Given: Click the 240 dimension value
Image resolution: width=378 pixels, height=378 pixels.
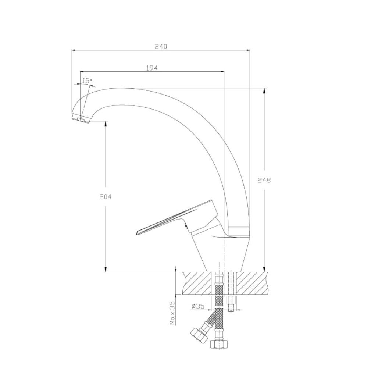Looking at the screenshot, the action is coord(161,47).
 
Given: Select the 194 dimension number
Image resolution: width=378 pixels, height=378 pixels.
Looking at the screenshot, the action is coord(152,68).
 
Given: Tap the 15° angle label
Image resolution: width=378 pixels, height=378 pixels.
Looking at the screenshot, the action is coord(87,81).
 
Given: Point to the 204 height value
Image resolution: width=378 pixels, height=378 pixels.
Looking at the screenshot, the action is coord(106,197).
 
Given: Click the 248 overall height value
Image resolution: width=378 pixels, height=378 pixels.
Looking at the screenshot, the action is coord(264,180).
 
